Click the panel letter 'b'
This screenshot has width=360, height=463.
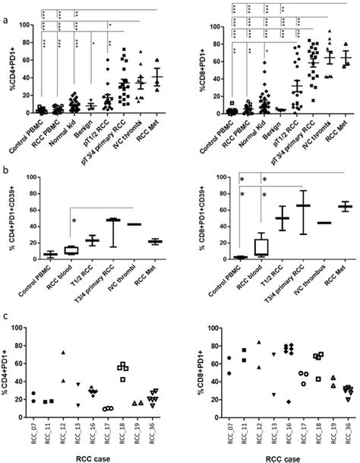(x=5, y=166)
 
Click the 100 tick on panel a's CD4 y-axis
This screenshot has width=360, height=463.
(x=22, y=25)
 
